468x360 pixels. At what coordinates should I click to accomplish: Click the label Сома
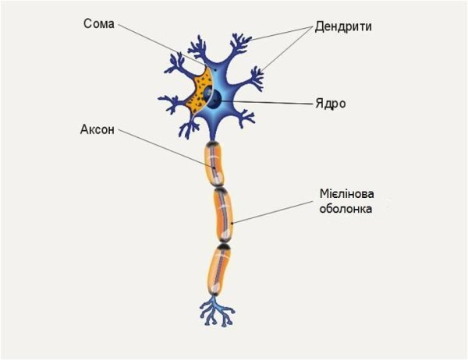tap(99, 24)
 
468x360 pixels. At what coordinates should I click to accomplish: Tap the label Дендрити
tap(343, 26)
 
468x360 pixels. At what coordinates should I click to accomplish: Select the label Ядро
tap(331, 104)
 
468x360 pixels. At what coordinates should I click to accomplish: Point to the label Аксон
tap(97, 129)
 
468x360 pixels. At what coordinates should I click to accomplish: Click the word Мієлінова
tap(347, 194)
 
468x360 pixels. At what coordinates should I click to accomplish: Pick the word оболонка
tap(346, 209)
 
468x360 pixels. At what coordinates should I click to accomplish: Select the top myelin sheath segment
tap(214, 164)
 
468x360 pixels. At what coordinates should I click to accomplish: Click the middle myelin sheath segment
tap(223, 215)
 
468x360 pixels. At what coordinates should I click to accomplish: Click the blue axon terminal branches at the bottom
tap(217, 312)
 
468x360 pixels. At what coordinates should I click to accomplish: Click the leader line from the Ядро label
tap(268, 103)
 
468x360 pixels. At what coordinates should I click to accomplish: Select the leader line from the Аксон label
tap(166, 149)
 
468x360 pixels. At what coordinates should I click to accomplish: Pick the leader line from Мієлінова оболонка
tap(272, 212)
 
